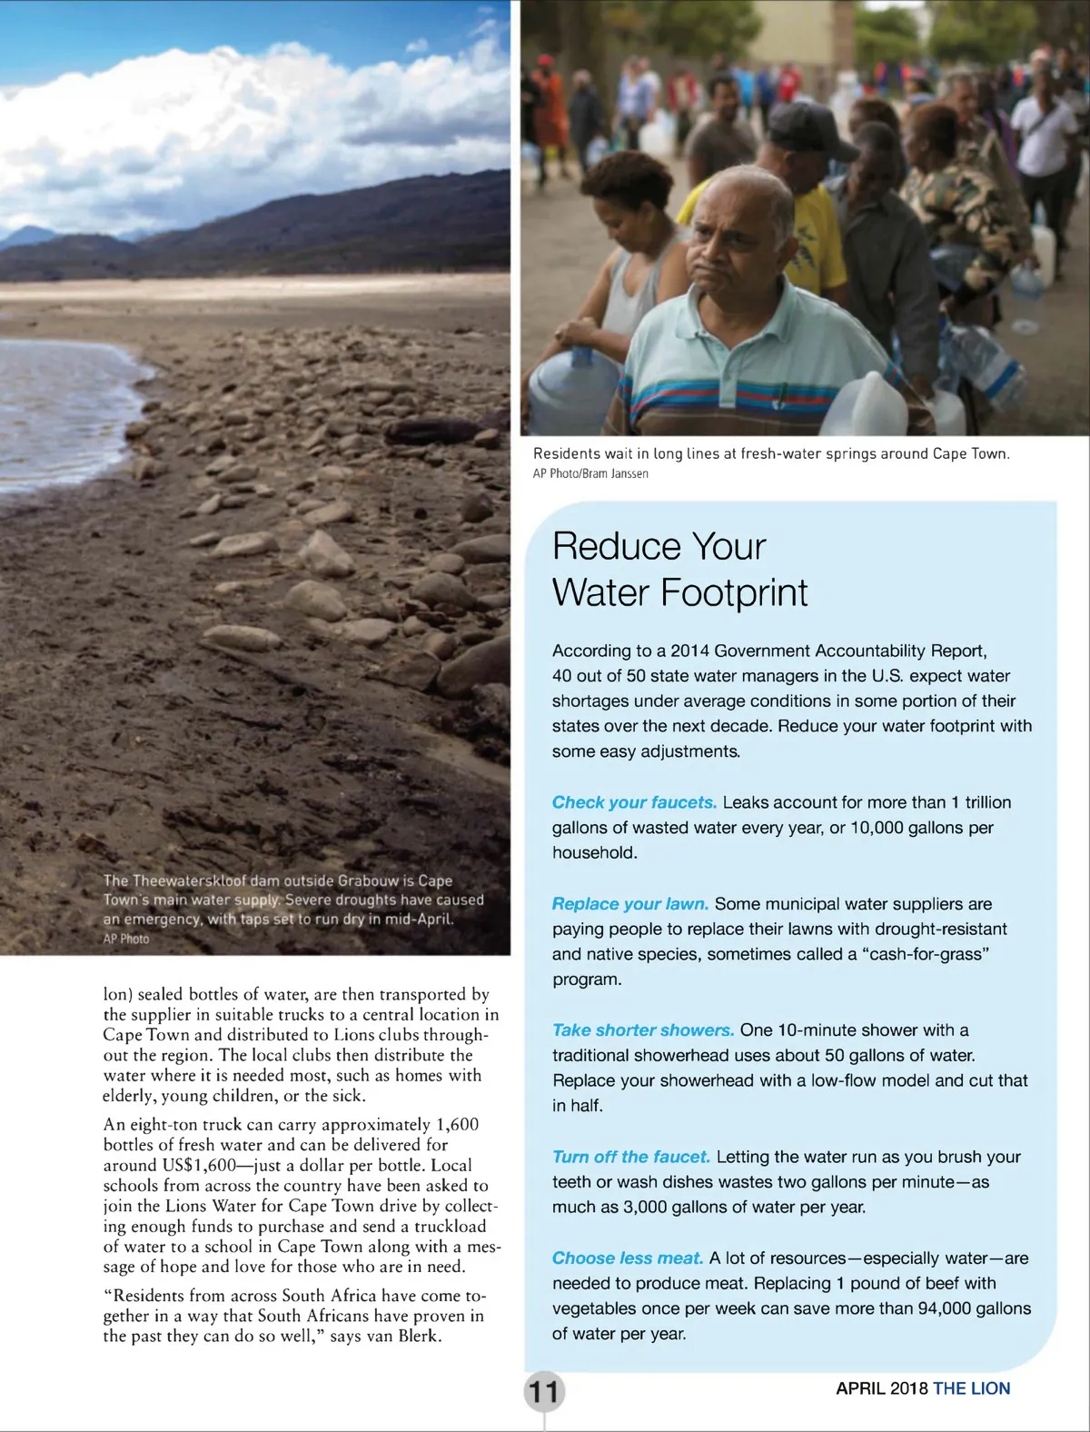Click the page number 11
tap(543, 1391)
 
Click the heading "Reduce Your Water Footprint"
tap(679, 570)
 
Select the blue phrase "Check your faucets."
tap(634, 802)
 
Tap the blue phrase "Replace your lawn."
tap(629, 904)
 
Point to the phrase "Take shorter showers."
tap(642, 1030)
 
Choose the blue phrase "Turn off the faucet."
tap(630, 1157)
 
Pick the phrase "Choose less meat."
tap(627, 1258)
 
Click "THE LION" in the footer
tap(971, 1388)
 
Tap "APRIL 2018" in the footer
tap(881, 1388)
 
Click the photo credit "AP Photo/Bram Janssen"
tap(590, 473)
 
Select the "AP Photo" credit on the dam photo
tap(126, 939)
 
